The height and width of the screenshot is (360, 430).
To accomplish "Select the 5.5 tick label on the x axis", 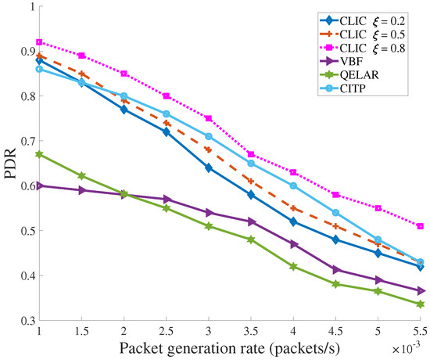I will tap(421, 331).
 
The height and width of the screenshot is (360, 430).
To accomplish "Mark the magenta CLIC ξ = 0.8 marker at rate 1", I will tap(39, 42).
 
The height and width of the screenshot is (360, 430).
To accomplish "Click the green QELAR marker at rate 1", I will tap(39, 154).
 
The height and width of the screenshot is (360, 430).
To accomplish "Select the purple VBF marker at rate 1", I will tap(39, 185).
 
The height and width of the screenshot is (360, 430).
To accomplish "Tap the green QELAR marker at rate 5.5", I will tap(421, 304).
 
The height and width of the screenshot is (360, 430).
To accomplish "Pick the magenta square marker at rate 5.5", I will tap(421, 226).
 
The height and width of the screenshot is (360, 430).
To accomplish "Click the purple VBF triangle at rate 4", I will tap(293, 244).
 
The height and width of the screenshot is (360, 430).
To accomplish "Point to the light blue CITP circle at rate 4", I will tap(293, 185).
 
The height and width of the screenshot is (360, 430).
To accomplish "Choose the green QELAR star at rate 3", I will tap(209, 226).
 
